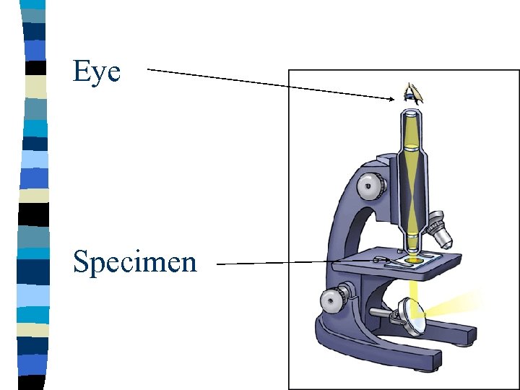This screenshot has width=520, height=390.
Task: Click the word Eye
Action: point(96,71)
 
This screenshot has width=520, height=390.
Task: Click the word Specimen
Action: point(134,261)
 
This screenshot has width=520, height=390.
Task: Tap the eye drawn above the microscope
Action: point(412,92)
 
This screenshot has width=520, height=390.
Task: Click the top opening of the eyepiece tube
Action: point(412,113)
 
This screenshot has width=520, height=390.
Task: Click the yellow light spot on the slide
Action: point(414,259)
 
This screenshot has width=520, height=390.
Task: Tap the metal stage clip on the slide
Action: point(381,259)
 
